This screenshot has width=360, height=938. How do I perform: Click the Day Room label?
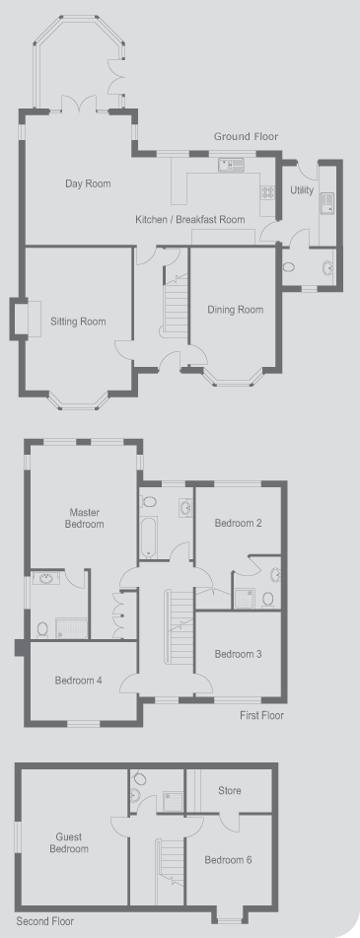88,183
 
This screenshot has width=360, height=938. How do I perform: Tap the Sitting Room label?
78,322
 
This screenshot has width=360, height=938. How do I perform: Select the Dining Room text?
235,310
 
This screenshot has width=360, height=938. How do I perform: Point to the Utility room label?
302,190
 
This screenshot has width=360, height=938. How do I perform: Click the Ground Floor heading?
246,137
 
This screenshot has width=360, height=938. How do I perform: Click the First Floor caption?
262,715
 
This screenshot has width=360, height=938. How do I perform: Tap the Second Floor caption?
44,922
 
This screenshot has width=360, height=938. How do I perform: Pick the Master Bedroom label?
86,518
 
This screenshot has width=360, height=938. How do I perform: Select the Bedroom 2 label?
238,524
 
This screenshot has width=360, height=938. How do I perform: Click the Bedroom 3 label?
238,655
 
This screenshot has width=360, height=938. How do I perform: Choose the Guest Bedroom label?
69,843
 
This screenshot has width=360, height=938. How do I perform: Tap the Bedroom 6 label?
228,860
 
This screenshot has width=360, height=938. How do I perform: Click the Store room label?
230,791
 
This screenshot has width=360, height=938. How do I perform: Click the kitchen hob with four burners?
266,192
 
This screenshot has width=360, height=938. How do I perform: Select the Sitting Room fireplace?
26,320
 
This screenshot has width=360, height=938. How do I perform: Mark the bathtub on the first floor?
148,536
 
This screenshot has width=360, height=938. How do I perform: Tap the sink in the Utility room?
327,203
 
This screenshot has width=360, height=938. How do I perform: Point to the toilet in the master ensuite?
41,629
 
